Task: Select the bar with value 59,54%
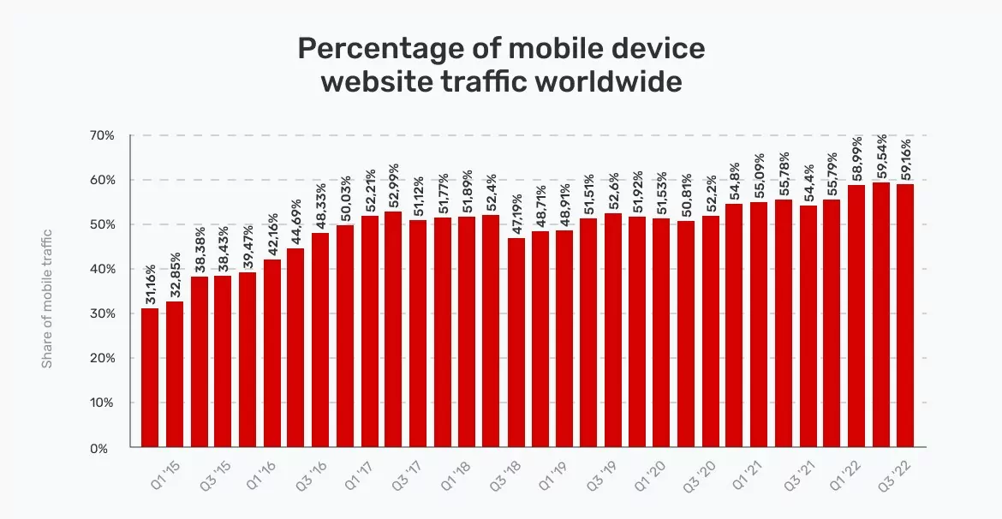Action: click(880, 315)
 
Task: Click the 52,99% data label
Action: click(394, 185)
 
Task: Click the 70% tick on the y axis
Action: click(103, 135)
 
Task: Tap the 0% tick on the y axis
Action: click(107, 447)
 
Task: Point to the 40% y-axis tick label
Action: click(103, 269)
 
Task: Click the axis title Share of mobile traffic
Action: click(48, 298)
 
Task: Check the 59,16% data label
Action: click(905, 157)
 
